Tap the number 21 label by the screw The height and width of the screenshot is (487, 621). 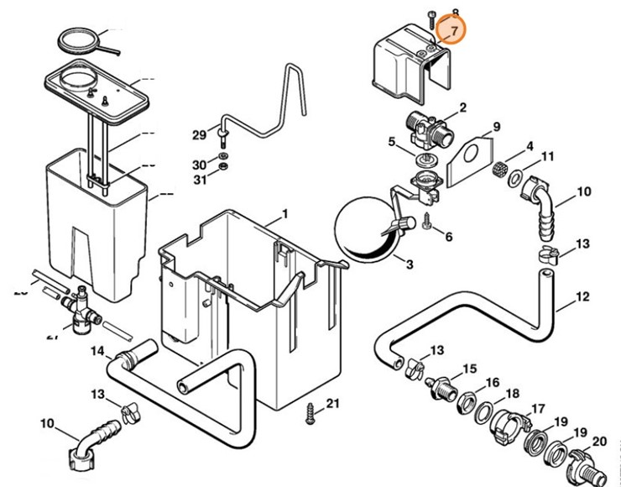click(x=332, y=405)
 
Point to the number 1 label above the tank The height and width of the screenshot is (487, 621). click(x=284, y=214)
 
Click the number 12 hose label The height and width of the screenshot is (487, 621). click(x=582, y=297)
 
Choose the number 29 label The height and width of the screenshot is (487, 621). click(x=199, y=135)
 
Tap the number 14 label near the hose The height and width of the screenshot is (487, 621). click(x=98, y=350)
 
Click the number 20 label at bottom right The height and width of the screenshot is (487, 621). click(x=599, y=442)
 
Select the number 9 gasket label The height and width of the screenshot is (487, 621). click(x=496, y=127)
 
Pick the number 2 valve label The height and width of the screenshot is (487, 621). click(x=462, y=108)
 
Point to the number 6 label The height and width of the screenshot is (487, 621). click(x=448, y=237)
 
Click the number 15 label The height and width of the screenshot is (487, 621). click(x=469, y=369)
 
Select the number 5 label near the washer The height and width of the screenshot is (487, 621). click(x=391, y=141)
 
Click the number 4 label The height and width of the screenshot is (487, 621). click(x=529, y=145)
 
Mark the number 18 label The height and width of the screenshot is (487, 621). click(x=513, y=393)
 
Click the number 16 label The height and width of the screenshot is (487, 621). click(x=492, y=382)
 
